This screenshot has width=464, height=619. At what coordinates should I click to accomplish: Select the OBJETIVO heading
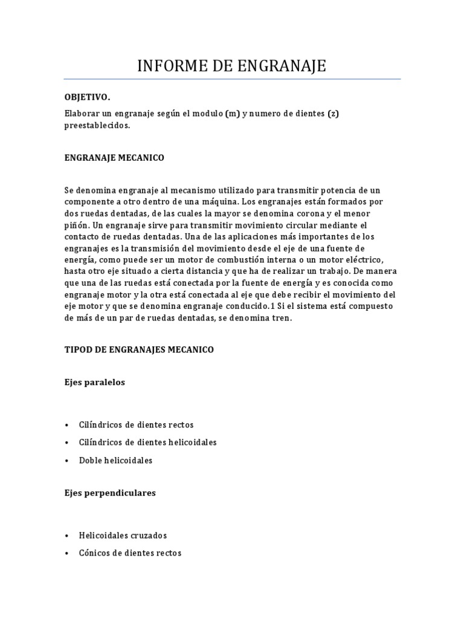(88, 97)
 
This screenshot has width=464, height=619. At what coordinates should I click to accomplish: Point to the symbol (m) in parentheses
(232, 114)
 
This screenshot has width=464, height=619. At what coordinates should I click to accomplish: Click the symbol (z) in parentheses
(333, 114)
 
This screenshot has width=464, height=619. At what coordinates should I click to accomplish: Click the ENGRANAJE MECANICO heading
(114, 158)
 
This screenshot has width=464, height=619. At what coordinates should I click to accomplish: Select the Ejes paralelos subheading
(95, 383)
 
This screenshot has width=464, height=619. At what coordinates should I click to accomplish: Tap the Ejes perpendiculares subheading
(110, 493)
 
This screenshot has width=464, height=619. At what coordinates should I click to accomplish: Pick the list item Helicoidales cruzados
(123, 536)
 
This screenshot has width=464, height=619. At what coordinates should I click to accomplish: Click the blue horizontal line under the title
(232, 79)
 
